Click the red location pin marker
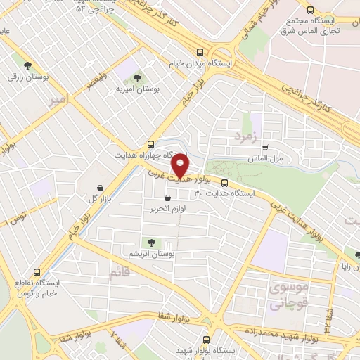[181, 165]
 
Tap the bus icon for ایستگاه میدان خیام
[201, 52]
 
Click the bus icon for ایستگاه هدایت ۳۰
[224, 185]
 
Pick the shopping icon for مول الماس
[265, 147]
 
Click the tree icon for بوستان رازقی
[27, 65]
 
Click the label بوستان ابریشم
[152, 253]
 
